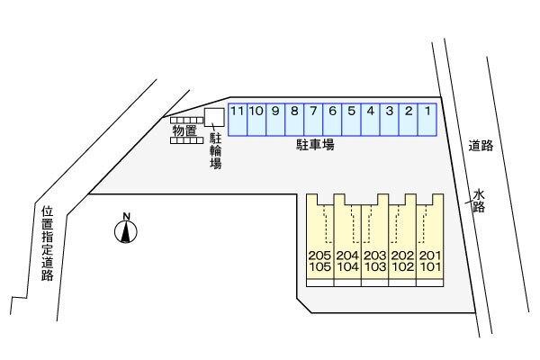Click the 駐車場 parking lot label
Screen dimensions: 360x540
(x=316, y=144)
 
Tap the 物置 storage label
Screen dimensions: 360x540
(x=184, y=132)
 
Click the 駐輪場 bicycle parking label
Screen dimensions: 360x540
(x=216, y=151)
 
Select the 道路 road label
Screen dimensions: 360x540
(x=481, y=146)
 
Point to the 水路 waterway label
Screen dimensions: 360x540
(x=479, y=199)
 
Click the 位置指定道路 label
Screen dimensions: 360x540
(x=48, y=244)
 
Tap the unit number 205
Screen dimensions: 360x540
(x=319, y=256)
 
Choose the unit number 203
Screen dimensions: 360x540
(x=375, y=256)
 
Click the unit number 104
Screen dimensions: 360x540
(x=347, y=267)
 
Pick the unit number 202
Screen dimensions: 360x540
(x=403, y=256)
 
